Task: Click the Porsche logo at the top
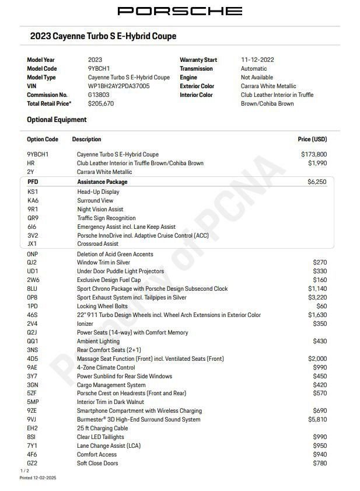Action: click(x=180, y=11)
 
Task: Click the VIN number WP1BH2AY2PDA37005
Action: click(x=118, y=86)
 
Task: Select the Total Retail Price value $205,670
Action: click(x=101, y=103)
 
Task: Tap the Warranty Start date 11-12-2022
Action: click(x=257, y=60)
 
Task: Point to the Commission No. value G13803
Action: click(x=99, y=95)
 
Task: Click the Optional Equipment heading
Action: click(x=57, y=120)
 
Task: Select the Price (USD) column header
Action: click(x=312, y=140)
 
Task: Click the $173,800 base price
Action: click(x=314, y=155)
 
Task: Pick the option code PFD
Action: click(x=33, y=182)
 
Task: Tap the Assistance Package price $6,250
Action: click(x=317, y=182)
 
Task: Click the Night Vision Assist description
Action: click(x=100, y=209)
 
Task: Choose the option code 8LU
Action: click(x=33, y=288)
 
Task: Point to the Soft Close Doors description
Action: click(x=97, y=463)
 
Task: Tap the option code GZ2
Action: click(x=32, y=463)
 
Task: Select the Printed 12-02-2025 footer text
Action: click(x=38, y=478)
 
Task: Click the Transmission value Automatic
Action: click(x=254, y=68)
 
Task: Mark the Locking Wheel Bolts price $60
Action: click(x=321, y=306)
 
